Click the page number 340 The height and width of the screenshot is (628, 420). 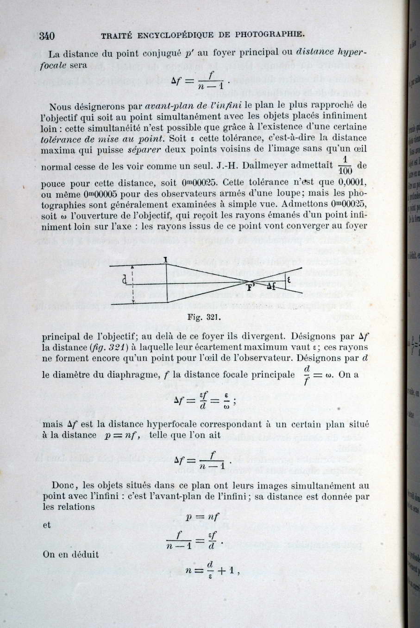point(47,36)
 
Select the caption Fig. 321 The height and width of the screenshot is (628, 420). point(204,317)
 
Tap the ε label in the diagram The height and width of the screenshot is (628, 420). point(289,279)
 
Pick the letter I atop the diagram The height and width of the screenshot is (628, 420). point(165,260)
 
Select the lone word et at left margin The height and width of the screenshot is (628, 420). point(47,526)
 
